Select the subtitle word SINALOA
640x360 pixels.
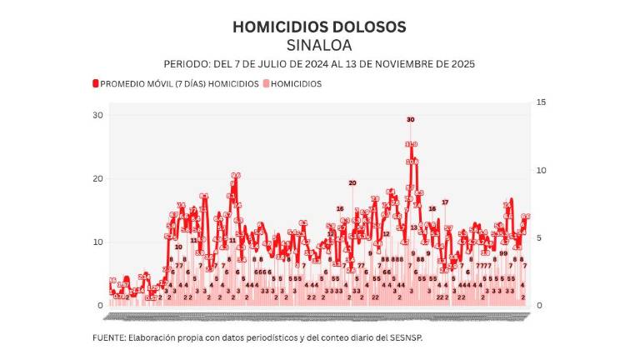coord(319,44)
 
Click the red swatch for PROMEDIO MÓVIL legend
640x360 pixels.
coord(96,83)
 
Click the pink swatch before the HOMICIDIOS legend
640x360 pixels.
coord(267,83)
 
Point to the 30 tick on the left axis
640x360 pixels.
coord(97,115)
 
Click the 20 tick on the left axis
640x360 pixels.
coord(97,178)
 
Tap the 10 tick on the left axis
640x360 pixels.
coord(97,242)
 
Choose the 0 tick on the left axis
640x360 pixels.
coord(100,306)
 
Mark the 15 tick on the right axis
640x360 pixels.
coord(541,102)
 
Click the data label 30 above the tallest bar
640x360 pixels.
coord(410,120)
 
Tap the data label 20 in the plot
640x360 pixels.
coord(352,182)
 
